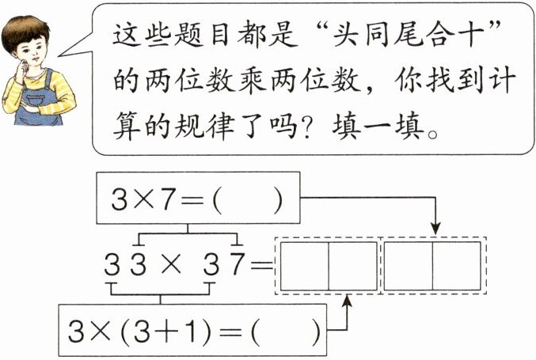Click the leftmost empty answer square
click(x=305, y=266)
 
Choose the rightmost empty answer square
click(x=456, y=266)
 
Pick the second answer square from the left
click(x=352, y=266)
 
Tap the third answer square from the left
click(x=409, y=266)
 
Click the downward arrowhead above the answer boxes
click(x=435, y=228)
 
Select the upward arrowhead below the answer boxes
click(x=347, y=302)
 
